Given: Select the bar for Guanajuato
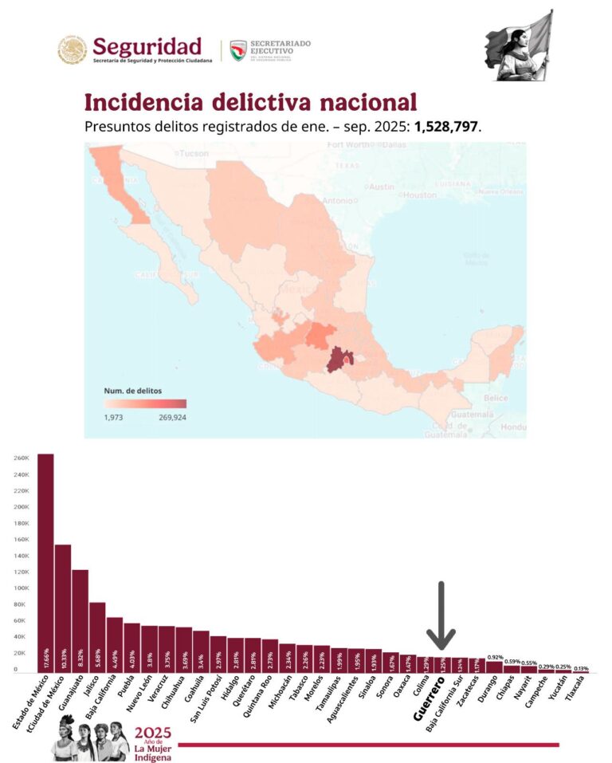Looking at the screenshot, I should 80,622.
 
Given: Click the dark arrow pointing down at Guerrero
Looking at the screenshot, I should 440,614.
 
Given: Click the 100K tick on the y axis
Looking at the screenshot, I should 21,588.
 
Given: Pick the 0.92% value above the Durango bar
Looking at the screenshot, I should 494,657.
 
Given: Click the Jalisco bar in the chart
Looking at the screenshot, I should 97,638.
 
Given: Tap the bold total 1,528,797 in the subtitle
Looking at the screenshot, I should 448,127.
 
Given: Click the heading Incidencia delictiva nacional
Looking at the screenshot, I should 250,102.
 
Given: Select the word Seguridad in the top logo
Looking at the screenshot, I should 147,45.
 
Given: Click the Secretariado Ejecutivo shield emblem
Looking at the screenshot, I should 237,50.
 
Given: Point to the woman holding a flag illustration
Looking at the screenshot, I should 519,45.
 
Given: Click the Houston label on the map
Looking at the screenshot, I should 418,195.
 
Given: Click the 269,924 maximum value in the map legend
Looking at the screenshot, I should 170,416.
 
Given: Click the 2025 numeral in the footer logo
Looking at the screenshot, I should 152,732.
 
